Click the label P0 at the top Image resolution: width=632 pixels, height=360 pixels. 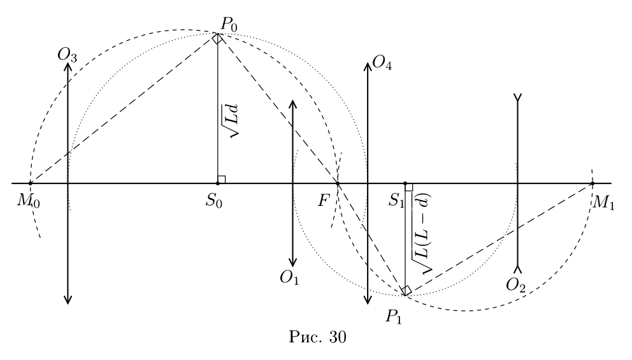(x=229, y=25)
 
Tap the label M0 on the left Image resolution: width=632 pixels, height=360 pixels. (x=28, y=201)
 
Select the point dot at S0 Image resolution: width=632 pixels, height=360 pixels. (x=218, y=184)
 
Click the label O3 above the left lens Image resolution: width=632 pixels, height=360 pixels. (x=67, y=55)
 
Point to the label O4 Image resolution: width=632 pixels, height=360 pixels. (x=382, y=63)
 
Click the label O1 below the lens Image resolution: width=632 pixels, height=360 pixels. (x=289, y=278)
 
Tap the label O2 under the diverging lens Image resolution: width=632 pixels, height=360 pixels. (x=516, y=285)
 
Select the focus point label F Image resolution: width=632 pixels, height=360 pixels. (x=324, y=200)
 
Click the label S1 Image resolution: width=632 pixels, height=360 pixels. (x=396, y=200)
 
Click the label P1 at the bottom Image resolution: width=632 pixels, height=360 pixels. (x=393, y=317)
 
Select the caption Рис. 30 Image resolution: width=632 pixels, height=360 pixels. (x=318, y=337)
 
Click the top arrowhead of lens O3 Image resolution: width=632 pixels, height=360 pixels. (x=68, y=66)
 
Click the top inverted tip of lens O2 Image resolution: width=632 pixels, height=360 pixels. (x=517, y=97)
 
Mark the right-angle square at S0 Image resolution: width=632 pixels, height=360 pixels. (x=221, y=180)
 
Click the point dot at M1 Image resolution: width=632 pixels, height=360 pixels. (x=592, y=184)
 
